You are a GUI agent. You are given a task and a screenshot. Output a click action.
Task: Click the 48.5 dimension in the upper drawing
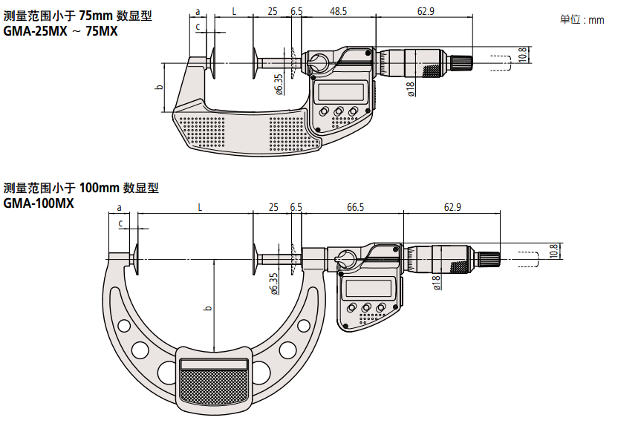(x=338, y=10)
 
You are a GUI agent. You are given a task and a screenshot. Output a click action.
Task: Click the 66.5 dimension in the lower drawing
(x=355, y=208)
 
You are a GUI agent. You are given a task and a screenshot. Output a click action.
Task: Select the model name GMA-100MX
(x=39, y=203)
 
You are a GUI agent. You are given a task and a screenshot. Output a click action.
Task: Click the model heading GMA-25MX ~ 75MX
(x=61, y=31)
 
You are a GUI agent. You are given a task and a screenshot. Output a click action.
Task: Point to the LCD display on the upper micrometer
(x=339, y=93)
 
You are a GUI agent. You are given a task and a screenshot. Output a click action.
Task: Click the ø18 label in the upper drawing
(x=410, y=89)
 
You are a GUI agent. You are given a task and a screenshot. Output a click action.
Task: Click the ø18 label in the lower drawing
(x=436, y=282)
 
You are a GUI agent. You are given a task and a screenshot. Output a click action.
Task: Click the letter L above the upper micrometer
(x=234, y=10)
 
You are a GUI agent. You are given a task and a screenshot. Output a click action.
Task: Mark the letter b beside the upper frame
(x=158, y=87)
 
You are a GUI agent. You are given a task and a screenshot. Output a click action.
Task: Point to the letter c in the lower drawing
(x=120, y=223)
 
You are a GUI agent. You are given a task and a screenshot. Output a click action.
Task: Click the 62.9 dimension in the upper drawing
(x=426, y=10)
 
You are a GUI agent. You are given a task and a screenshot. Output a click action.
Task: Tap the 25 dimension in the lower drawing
(x=273, y=208)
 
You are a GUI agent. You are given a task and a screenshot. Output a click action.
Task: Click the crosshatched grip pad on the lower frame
(x=215, y=388)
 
